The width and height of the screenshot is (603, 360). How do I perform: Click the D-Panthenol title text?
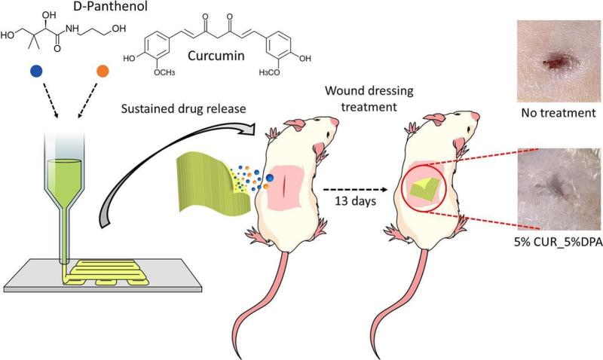pyautogui.click(x=110, y=6)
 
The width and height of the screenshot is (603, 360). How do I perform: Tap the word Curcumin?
pyautogui.click(x=216, y=56)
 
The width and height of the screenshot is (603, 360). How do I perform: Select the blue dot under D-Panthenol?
pyautogui.click(x=36, y=71)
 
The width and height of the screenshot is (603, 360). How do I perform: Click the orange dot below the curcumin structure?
pyautogui.click(x=103, y=71)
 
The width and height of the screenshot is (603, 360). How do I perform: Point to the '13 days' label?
pyautogui.click(x=355, y=201)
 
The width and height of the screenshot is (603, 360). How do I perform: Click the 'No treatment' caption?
pyautogui.click(x=559, y=113)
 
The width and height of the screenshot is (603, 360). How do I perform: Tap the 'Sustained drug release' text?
pyautogui.click(x=183, y=108)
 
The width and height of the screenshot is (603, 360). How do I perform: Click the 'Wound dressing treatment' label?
pyautogui.click(x=369, y=99)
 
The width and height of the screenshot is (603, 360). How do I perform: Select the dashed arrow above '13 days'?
pyautogui.click(x=355, y=189)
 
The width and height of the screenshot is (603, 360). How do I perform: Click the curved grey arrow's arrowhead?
pyautogui.click(x=247, y=129)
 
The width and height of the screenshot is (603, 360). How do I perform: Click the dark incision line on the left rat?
pyautogui.click(x=284, y=184)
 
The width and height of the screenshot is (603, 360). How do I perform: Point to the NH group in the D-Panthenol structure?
pyautogui.click(x=72, y=29)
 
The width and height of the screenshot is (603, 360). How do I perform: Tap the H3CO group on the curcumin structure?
pyautogui.click(x=269, y=72)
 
